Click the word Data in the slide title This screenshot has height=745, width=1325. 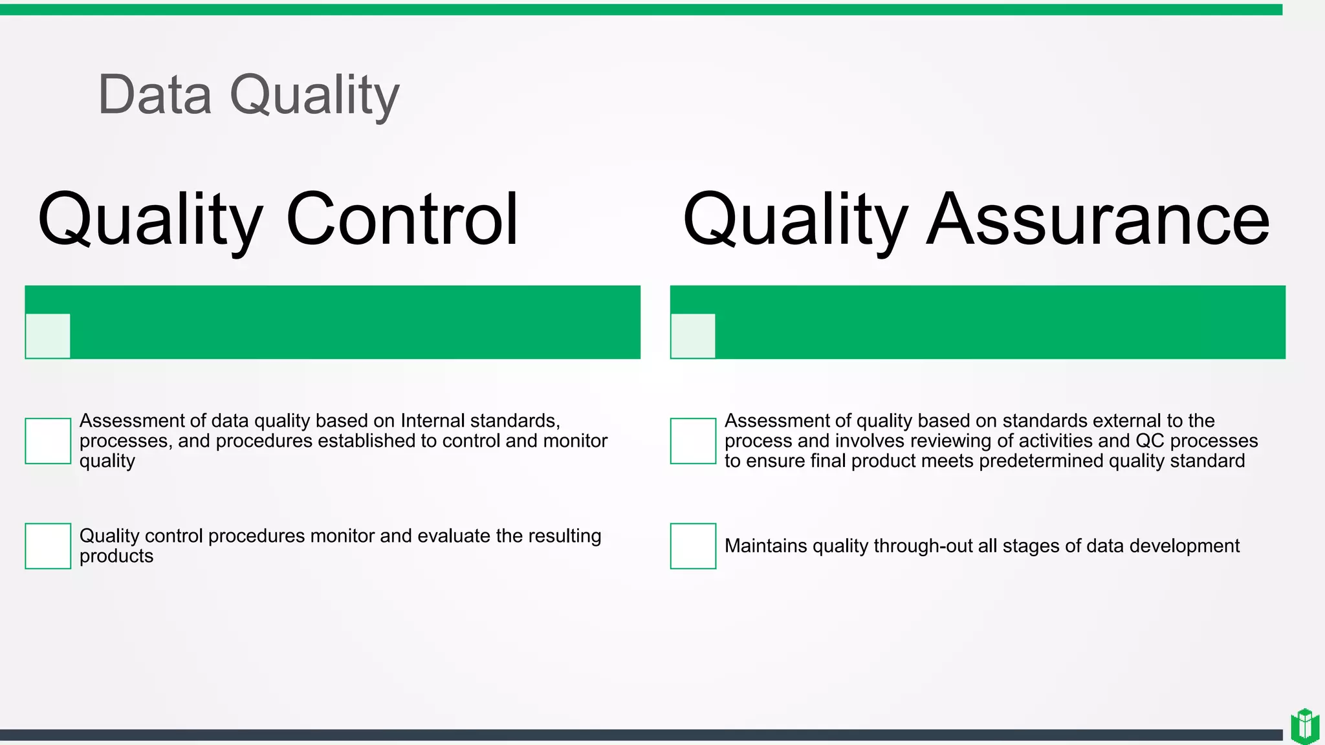point(155,95)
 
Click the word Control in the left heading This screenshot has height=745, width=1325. point(402,219)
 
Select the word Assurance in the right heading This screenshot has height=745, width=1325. point(1098,219)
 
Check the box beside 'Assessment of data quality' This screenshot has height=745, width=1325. point(48,441)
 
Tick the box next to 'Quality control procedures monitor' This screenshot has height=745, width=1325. point(48,546)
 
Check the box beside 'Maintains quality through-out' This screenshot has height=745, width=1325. point(693,546)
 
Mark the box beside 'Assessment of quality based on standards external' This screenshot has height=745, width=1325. point(693,441)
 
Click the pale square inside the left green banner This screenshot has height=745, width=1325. point(48,336)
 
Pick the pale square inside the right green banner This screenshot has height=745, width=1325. point(693,336)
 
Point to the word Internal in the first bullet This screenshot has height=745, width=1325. point(432,421)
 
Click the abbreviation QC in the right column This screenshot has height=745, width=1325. point(1150,441)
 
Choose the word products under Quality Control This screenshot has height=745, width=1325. point(116,556)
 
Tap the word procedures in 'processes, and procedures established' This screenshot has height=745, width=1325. point(264,441)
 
